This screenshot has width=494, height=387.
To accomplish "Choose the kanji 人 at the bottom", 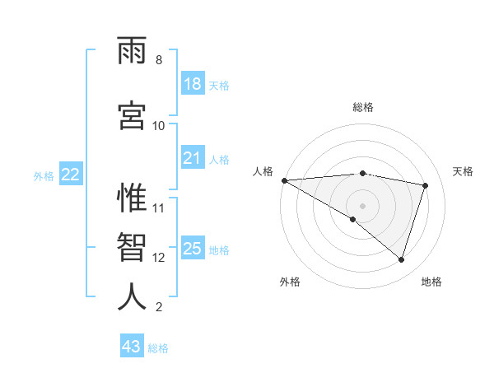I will (x=133, y=296).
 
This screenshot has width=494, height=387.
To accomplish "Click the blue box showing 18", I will (x=193, y=84).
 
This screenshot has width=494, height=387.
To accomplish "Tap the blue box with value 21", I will (x=193, y=158).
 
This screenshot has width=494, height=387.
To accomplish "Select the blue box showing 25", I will (x=193, y=249).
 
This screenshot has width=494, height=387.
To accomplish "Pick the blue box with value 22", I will (x=71, y=175).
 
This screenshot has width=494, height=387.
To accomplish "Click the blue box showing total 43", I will (x=132, y=347).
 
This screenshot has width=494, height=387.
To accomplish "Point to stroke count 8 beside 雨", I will (x=158, y=60).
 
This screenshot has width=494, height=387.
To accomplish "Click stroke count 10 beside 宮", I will (x=159, y=125).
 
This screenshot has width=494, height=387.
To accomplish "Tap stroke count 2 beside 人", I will (x=158, y=307).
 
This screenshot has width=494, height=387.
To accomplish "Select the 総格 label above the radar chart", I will (x=363, y=107).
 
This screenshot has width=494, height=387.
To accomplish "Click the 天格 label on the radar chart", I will (x=464, y=171).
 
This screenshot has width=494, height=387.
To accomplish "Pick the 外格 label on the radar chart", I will (x=290, y=282).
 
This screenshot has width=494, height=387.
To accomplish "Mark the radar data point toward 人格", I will (x=284, y=180).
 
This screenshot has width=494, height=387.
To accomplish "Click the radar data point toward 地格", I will (x=401, y=260).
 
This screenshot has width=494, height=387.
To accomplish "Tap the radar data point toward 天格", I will (x=426, y=185).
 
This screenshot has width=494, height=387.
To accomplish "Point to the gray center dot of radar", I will (x=362, y=205).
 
